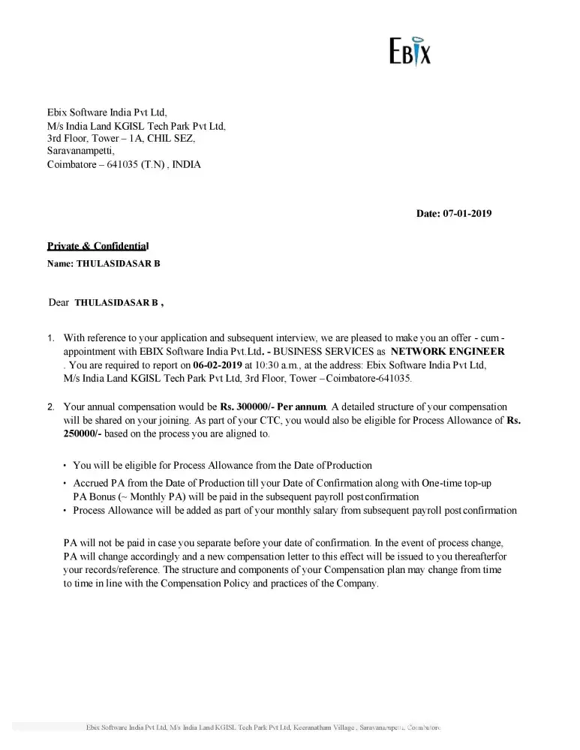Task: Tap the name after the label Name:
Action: (118, 264)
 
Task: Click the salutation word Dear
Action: (59, 303)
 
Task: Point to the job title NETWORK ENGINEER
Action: (448, 351)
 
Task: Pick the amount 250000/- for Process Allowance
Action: (83, 434)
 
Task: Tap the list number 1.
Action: (50, 338)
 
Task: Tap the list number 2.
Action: (50, 407)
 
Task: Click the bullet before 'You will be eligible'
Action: (65, 466)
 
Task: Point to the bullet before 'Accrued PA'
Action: (65, 484)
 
